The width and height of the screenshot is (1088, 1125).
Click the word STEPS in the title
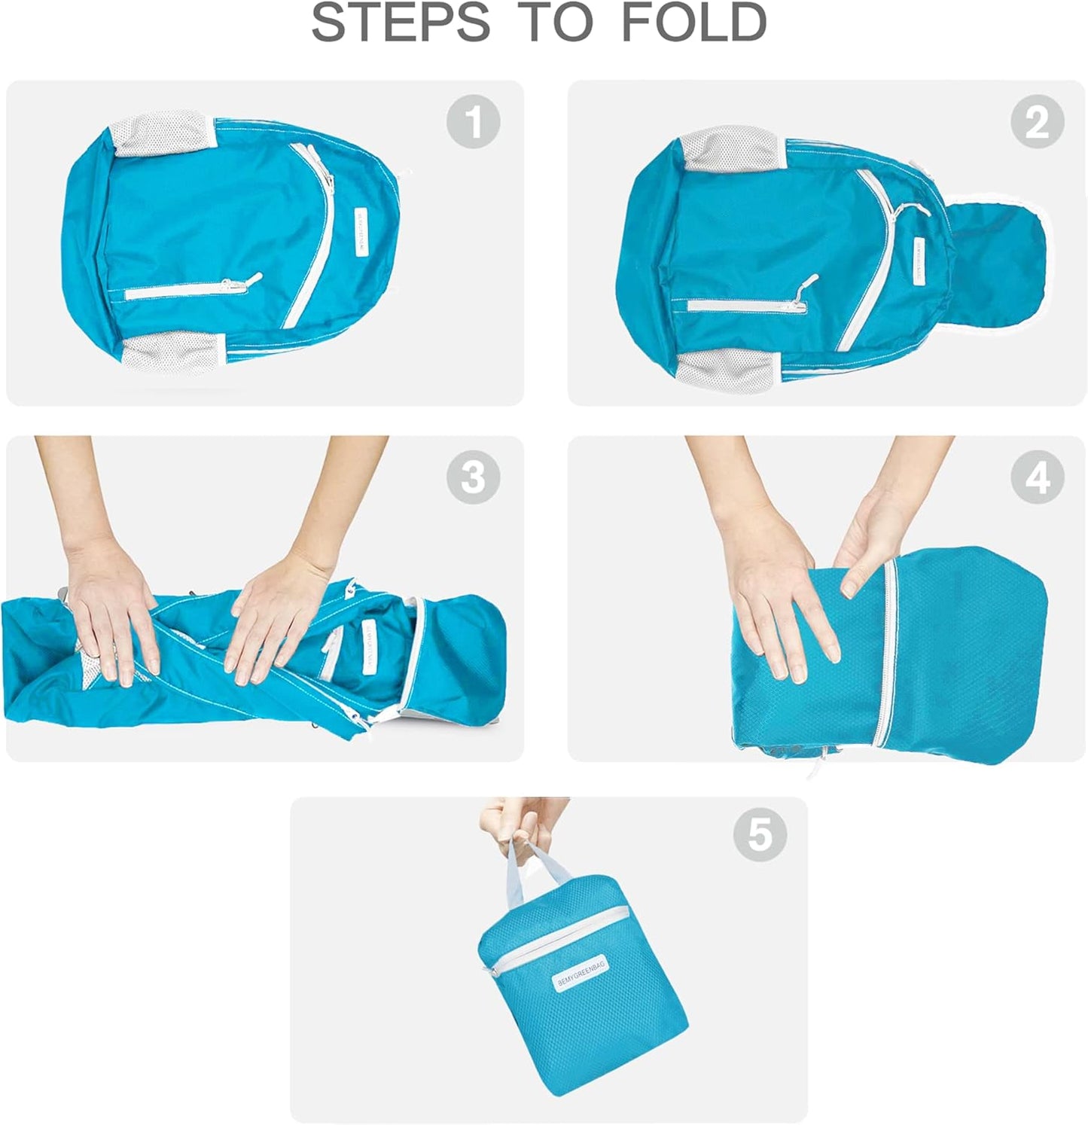click(x=400, y=23)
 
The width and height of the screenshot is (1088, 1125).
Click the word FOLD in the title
click(x=693, y=23)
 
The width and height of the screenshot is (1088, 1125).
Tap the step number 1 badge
click(x=473, y=121)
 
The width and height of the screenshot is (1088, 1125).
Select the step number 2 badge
click(x=1037, y=121)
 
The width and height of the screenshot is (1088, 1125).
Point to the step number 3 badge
click(x=473, y=477)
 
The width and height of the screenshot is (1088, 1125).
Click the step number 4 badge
click(x=1037, y=477)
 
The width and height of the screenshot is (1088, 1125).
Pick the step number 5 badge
click(x=759, y=834)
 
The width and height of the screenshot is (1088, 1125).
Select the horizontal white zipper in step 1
click(x=188, y=292)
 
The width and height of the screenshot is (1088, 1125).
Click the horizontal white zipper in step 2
click(x=745, y=306)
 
